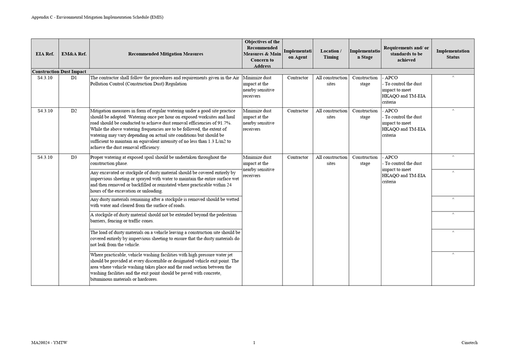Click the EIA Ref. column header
click(x=45, y=54)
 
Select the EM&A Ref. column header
click(x=74, y=54)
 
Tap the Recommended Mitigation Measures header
click(x=166, y=54)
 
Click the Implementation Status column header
click(x=453, y=54)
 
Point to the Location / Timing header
click(x=331, y=54)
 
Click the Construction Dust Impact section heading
click(x=59, y=72)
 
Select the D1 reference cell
click(x=74, y=78)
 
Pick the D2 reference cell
click(x=74, y=111)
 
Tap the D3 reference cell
click(x=74, y=157)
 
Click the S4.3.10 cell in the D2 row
click(x=45, y=111)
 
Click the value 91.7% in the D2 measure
click(x=224, y=123)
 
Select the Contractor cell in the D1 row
click(x=297, y=78)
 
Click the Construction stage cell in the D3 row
click(x=365, y=160)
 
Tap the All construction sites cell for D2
click(x=331, y=114)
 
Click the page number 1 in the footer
click(x=254, y=343)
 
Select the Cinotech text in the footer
click(x=469, y=343)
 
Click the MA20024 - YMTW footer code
click(x=49, y=343)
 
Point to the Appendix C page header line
click(x=97, y=17)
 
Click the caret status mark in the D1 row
click(x=453, y=77)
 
